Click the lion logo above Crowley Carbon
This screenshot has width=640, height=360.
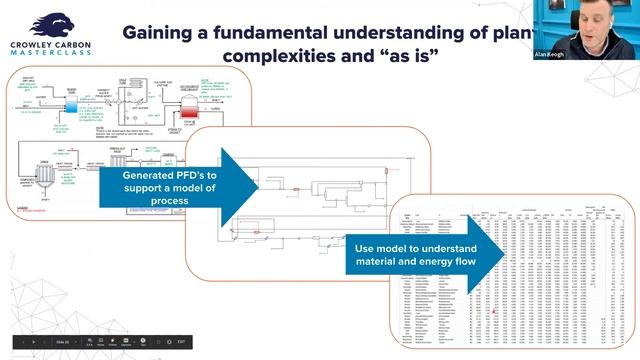coord(49,25)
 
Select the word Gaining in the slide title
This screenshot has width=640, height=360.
coord(161,31)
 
